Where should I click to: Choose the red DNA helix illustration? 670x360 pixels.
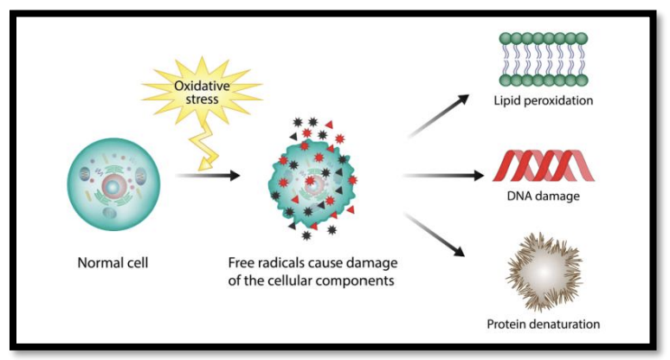(x=544, y=165)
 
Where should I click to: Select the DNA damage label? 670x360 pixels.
(x=543, y=196)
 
